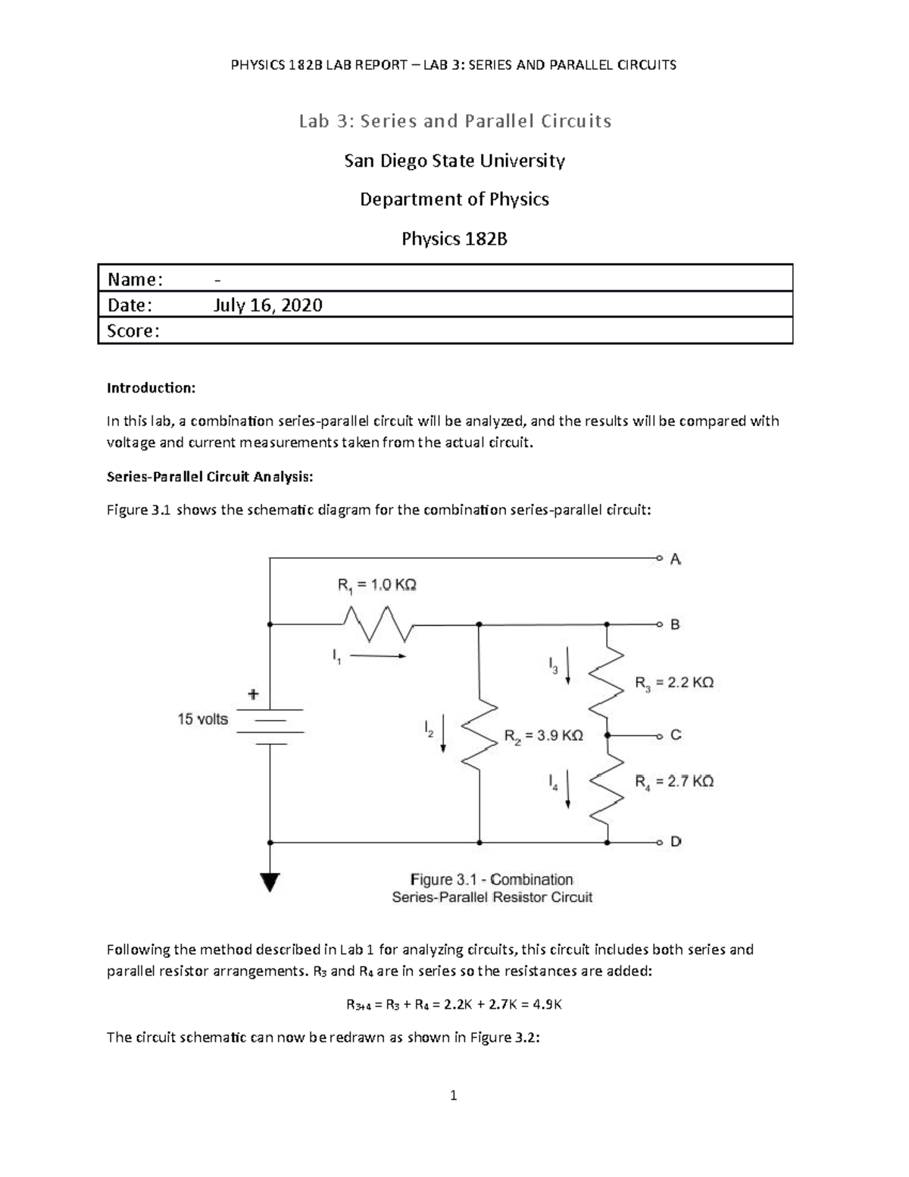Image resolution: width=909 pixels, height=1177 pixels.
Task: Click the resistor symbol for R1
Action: [378, 624]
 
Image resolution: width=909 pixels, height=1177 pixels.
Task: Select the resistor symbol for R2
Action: [479, 734]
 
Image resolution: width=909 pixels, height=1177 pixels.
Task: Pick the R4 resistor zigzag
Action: [607, 788]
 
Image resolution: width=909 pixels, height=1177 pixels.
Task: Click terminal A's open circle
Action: [659, 559]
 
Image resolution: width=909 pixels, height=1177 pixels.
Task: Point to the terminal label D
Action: [676, 842]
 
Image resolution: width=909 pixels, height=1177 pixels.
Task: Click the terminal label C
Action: [676, 735]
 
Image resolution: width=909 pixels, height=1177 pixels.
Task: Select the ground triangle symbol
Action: [270, 882]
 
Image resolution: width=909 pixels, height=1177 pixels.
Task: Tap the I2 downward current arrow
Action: [444, 734]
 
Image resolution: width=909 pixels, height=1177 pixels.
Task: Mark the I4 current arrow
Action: [568, 790]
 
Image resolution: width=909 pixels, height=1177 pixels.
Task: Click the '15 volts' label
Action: [203, 719]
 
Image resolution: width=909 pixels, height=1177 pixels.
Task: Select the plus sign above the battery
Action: [253, 693]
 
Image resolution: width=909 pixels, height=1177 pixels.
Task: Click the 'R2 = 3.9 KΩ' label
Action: [543, 736]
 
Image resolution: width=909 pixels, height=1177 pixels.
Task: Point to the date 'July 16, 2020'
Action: [268, 305]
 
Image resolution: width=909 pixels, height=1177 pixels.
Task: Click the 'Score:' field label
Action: [133, 331]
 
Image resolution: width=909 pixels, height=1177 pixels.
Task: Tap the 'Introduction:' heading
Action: [151, 388]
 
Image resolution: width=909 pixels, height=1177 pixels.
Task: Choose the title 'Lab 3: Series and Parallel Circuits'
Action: [454, 121]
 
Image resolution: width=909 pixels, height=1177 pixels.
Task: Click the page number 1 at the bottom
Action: [454, 1095]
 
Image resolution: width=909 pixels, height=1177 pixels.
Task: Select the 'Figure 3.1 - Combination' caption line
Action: [492, 880]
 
